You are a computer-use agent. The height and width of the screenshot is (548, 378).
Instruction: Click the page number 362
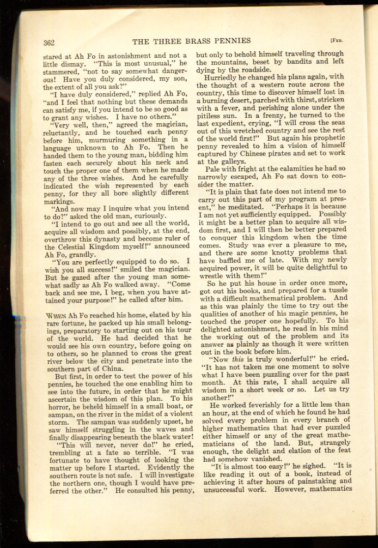(x=51, y=42)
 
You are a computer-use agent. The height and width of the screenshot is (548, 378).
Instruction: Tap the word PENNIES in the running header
(x=232, y=40)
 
